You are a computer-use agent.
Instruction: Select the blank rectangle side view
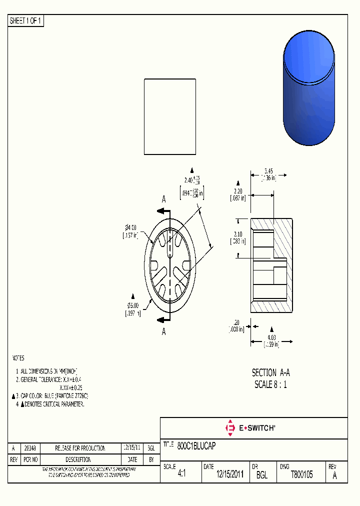[x=170, y=116]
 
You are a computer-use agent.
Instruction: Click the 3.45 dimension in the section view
[x=268, y=171]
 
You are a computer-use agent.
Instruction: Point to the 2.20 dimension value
[x=238, y=191]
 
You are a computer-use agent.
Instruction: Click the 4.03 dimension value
[x=271, y=337]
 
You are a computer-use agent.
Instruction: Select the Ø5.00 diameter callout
[x=133, y=305]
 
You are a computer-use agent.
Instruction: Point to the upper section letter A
[x=163, y=199]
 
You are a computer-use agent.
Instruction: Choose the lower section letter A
[x=163, y=331]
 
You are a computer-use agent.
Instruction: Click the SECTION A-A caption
[x=270, y=372]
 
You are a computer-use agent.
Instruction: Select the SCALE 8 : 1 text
[x=270, y=384]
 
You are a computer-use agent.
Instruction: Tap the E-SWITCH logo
[x=249, y=428]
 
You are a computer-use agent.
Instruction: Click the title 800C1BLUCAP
[x=196, y=445]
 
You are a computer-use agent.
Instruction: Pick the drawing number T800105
[x=301, y=475]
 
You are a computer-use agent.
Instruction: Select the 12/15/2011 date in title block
[x=229, y=475]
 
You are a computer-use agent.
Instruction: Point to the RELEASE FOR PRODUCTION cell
[x=80, y=448]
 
